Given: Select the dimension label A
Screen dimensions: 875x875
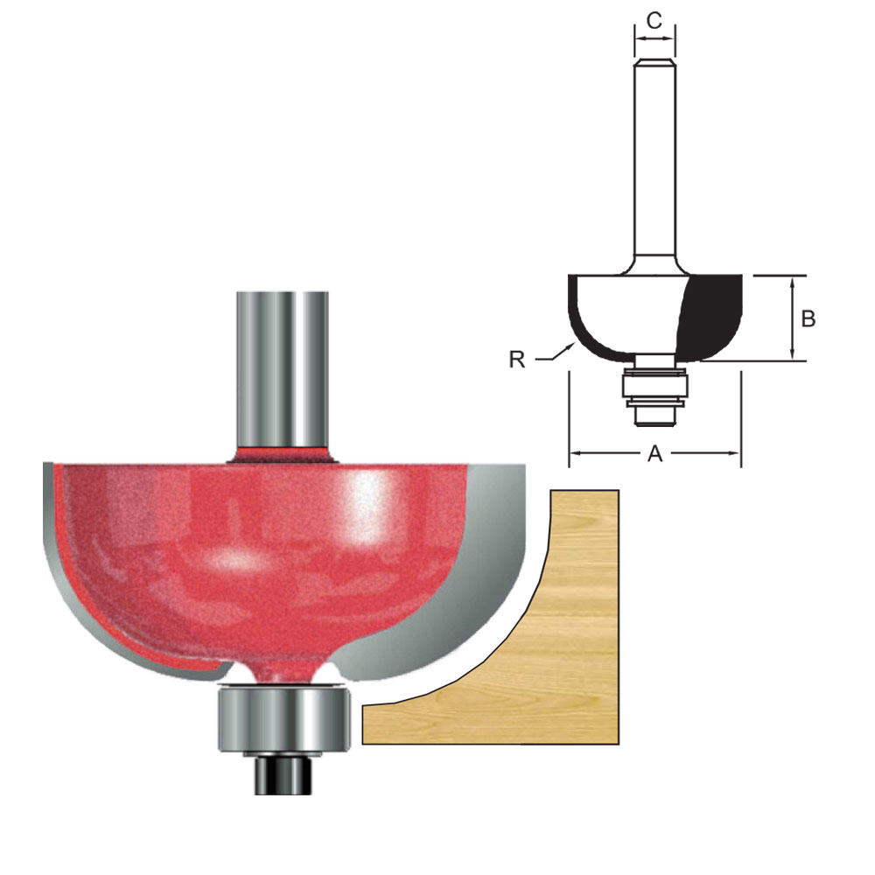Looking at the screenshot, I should pyautogui.click(x=654, y=453).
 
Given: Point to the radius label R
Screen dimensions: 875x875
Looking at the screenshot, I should pyautogui.click(x=517, y=359).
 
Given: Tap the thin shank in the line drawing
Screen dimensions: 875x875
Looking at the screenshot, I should pyautogui.click(x=654, y=157).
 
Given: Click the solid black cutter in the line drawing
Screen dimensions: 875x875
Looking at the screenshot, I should pyautogui.click(x=713, y=315).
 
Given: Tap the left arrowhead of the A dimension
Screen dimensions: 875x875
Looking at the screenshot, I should pyautogui.click(x=574, y=453).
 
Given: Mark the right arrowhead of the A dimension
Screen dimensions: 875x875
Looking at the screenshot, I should pyautogui.click(x=735, y=453).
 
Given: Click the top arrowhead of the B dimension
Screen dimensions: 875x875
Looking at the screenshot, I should pyautogui.click(x=792, y=281).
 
